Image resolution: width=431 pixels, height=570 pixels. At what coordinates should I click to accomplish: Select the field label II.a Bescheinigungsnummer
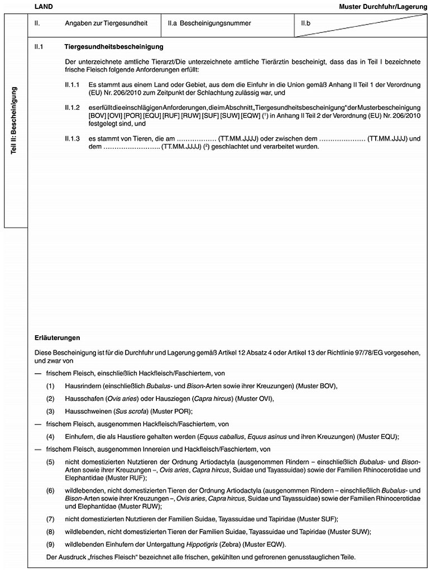point(209,23)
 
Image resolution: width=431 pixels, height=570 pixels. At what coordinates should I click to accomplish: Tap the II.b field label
point(306,23)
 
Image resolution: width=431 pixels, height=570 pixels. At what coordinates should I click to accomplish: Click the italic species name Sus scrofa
point(127,411)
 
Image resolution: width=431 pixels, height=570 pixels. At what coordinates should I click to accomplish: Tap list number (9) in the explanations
point(51,544)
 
